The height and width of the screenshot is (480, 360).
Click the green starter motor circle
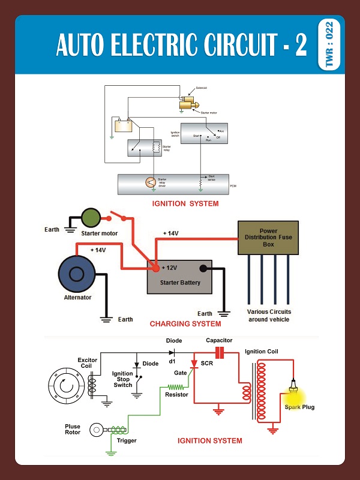coord(92,218)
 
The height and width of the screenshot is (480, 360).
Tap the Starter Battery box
coord(179,277)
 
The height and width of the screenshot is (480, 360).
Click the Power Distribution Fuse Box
coord(268,238)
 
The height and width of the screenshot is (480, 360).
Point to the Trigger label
coord(127,440)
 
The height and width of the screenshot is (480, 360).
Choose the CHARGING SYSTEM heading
coord(185,323)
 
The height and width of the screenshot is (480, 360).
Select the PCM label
coord(233,187)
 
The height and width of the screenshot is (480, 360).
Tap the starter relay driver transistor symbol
coord(151,182)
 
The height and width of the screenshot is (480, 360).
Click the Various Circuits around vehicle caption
coord(269,316)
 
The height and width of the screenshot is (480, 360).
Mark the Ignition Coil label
coord(261,352)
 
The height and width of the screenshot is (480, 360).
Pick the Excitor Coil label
coord(88,364)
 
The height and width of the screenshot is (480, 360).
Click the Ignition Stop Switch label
coord(122,379)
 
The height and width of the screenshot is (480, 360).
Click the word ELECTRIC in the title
coord(155,46)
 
